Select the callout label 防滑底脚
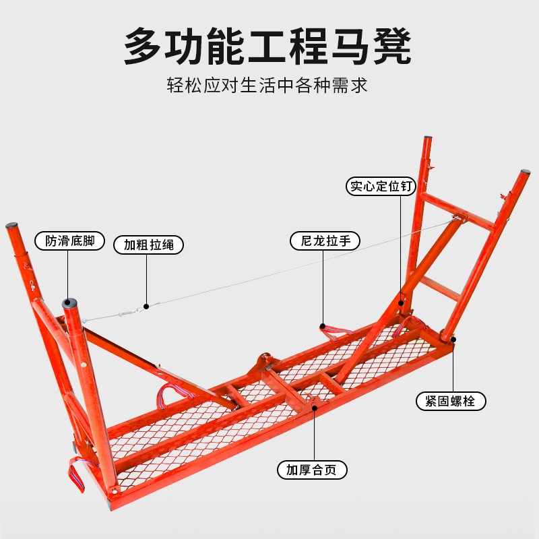70,241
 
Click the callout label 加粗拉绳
148,245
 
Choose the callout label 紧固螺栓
451,402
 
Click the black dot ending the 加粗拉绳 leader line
146,306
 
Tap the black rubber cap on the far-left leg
11,227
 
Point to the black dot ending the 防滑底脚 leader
68,303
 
